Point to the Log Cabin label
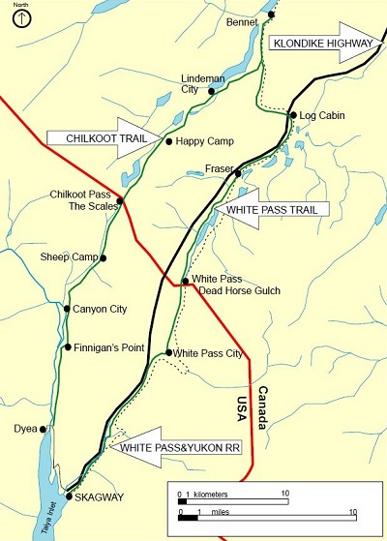point(321,114)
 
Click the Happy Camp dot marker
point(169,141)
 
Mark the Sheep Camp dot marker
point(103,257)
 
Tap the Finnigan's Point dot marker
point(67,346)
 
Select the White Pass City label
point(207,353)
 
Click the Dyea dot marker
point(45,427)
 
